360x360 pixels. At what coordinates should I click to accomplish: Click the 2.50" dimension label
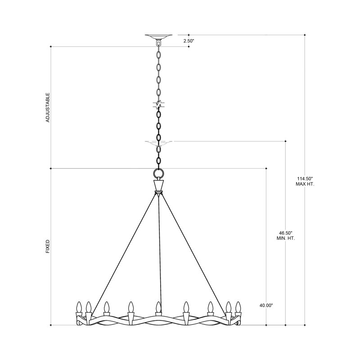[x=189, y=40]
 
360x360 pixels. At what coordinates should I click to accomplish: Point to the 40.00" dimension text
[x=266, y=305]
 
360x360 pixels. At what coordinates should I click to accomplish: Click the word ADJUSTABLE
[x=48, y=108]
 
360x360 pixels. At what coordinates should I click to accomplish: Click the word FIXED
[x=48, y=247]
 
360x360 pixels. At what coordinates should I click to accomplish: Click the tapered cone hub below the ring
[x=159, y=185]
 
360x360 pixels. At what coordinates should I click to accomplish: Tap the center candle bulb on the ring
[x=158, y=308]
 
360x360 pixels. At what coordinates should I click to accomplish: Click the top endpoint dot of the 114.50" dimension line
[x=305, y=34]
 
